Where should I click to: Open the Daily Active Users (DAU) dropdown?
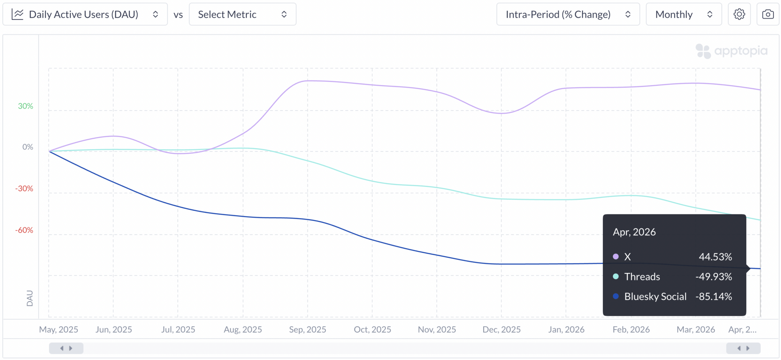click(85, 14)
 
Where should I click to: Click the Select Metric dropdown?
click(243, 14)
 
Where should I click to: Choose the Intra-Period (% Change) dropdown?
click(568, 14)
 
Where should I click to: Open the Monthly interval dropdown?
click(684, 14)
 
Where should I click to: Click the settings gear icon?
click(739, 14)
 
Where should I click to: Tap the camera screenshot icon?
click(768, 14)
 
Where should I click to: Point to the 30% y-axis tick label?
click(26, 106)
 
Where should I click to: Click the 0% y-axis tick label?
click(28, 147)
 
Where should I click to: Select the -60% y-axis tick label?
click(24, 230)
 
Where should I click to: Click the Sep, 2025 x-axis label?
click(307, 329)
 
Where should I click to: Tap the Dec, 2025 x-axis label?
click(501, 329)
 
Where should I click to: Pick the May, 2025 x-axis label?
click(58, 329)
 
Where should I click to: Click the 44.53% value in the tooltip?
click(715, 257)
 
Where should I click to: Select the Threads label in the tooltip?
click(642, 276)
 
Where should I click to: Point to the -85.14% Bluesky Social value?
click(714, 296)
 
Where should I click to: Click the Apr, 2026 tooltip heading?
click(634, 232)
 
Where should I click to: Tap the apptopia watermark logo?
click(731, 51)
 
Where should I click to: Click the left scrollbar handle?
click(66, 348)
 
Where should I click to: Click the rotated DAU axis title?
click(30, 298)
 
